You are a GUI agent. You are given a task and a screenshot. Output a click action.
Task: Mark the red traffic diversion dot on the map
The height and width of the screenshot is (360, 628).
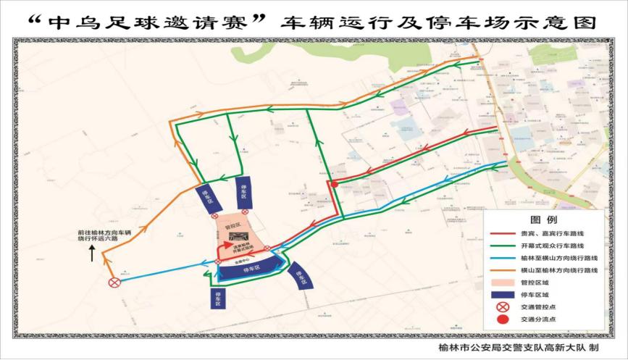(335, 184)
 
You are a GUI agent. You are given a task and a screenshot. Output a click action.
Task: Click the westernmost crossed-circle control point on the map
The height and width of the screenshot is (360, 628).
(114, 283)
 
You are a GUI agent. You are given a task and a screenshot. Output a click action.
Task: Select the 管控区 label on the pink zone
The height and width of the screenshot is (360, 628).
(235, 224)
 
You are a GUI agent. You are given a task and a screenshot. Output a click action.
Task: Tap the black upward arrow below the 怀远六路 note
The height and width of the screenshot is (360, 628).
(92, 254)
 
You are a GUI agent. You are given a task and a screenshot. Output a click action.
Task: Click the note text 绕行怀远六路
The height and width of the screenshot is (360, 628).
(106, 240)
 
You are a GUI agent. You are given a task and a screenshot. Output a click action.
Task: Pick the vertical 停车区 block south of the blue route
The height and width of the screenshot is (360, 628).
(219, 299)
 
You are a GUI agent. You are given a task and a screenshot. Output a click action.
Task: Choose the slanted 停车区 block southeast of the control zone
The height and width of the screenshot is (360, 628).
(300, 276)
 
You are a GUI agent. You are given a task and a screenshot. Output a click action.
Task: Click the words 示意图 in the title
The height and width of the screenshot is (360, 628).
(566, 22)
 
